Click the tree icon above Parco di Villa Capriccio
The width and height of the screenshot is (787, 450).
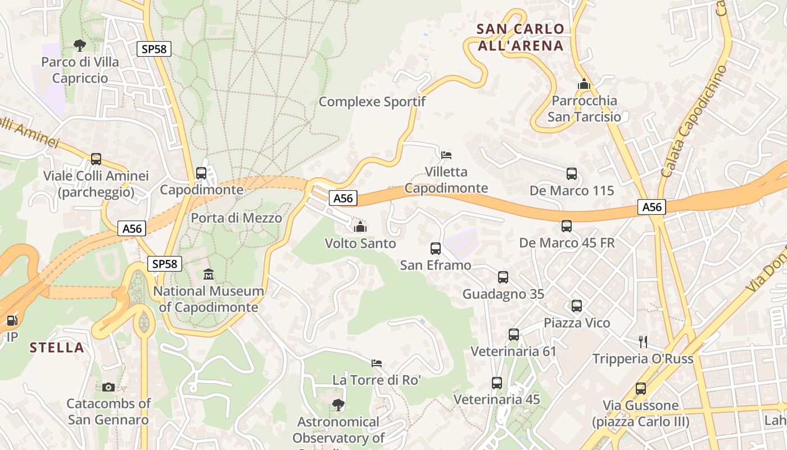click(x=80, y=45)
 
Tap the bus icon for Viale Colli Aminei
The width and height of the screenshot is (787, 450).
click(x=96, y=159)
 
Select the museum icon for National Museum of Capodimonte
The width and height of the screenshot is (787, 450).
click(x=209, y=274)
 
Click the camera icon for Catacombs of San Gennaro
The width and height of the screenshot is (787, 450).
click(x=108, y=387)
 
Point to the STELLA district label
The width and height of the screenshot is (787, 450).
click(x=57, y=348)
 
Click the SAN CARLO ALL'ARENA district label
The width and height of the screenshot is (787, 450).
click(x=520, y=37)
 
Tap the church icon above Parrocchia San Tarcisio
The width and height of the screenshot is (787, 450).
click(x=584, y=84)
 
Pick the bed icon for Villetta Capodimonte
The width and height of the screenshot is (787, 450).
click(x=446, y=155)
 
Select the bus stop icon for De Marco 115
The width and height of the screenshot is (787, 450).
click(x=572, y=174)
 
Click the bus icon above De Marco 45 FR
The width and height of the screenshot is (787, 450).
click(x=567, y=226)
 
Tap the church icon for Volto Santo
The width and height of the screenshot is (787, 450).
click(x=360, y=227)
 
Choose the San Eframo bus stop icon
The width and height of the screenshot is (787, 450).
click(x=436, y=248)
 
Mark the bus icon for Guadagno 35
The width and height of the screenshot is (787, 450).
click(x=503, y=277)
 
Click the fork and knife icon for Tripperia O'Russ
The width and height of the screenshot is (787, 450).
click(x=643, y=341)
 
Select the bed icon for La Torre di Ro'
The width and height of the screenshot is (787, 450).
click(x=377, y=363)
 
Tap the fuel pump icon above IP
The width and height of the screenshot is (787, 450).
click(x=11, y=321)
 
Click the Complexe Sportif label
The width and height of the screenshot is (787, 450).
click(x=372, y=102)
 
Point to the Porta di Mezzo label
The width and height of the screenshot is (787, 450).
click(x=237, y=218)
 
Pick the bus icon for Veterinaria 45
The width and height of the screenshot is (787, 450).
click(x=497, y=383)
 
